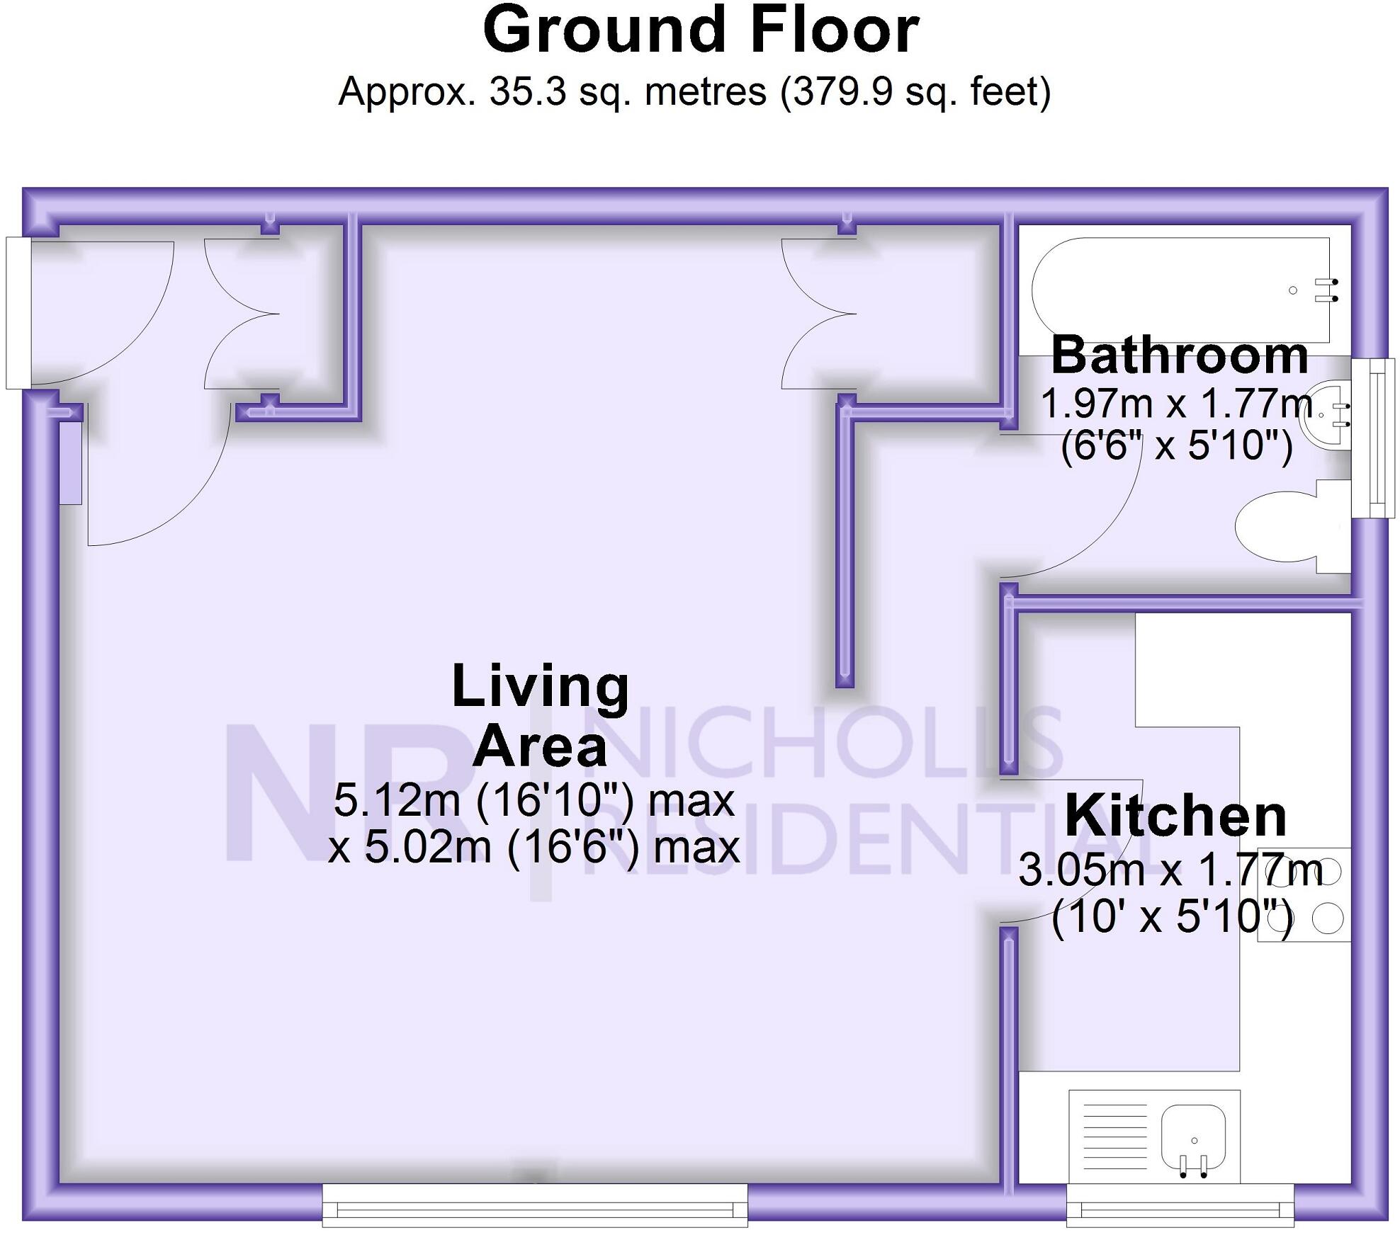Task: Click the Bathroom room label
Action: (x=1180, y=355)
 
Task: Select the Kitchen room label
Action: (x=1175, y=816)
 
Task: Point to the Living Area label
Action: (x=540, y=715)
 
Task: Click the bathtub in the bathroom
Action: (x=1176, y=290)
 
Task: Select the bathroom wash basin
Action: (x=1325, y=418)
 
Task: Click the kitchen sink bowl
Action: (x=1193, y=1140)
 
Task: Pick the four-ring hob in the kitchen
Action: (x=1304, y=894)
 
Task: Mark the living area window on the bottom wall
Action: (x=535, y=1205)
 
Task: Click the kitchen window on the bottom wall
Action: (x=1180, y=1205)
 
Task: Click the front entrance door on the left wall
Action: (x=18, y=312)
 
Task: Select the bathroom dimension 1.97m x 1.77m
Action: (x=1176, y=404)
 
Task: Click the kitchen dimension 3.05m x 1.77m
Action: (x=1170, y=870)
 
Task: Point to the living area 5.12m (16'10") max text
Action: (x=534, y=801)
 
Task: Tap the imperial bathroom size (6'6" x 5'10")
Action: (x=1176, y=445)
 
